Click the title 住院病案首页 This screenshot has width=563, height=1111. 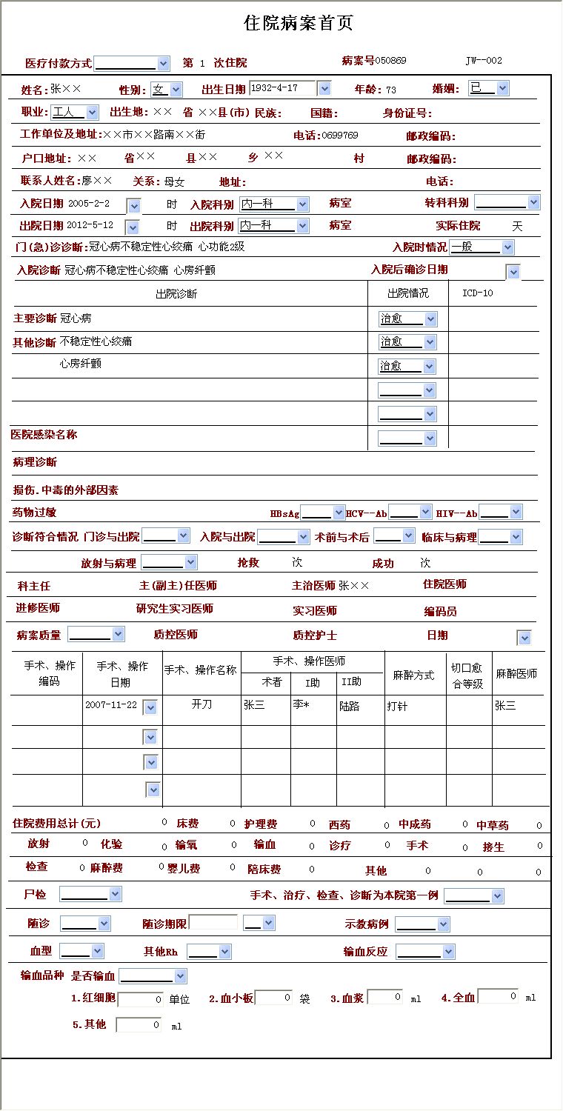click(299, 24)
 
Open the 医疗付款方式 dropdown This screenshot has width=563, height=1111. click(132, 64)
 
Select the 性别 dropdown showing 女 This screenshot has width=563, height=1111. click(166, 90)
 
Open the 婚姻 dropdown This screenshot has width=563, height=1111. click(488, 89)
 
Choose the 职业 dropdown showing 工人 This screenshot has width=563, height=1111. click(74, 113)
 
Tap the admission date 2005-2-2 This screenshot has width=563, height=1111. click(89, 203)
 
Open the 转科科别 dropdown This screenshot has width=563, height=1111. click(507, 203)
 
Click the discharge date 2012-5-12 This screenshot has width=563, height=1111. click(90, 225)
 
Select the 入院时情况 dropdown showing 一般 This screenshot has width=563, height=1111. click(482, 247)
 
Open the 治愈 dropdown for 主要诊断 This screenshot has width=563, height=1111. click(407, 319)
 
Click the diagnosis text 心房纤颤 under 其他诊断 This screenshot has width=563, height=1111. click(81, 364)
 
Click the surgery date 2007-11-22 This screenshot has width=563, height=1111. click(111, 705)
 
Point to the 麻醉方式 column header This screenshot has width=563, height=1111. click(413, 676)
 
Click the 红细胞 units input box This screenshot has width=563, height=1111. click(140, 999)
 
